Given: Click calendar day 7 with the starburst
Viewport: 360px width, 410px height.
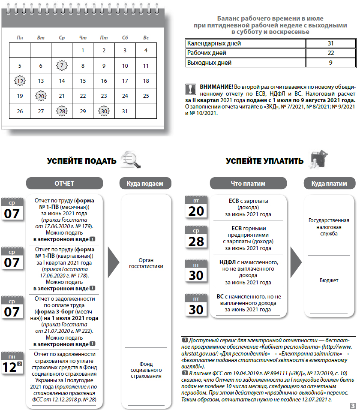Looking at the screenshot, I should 62,66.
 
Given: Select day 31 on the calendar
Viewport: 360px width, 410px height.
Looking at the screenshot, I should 125,111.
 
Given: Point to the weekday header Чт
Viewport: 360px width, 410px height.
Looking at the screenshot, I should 83,38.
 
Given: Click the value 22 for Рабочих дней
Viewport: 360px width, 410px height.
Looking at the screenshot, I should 330,53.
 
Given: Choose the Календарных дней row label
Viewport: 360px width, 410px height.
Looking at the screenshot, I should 214,43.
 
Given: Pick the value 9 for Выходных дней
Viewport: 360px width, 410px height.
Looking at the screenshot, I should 330,63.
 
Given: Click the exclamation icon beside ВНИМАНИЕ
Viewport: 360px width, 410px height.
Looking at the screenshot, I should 190,89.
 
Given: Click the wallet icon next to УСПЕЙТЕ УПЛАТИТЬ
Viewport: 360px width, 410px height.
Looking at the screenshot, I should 318,160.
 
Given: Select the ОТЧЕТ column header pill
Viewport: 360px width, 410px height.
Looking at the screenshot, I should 64,184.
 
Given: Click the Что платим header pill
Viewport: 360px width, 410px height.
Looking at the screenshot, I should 248,184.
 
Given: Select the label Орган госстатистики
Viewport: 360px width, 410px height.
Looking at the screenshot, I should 146,263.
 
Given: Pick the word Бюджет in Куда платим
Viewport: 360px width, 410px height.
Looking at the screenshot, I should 329,280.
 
